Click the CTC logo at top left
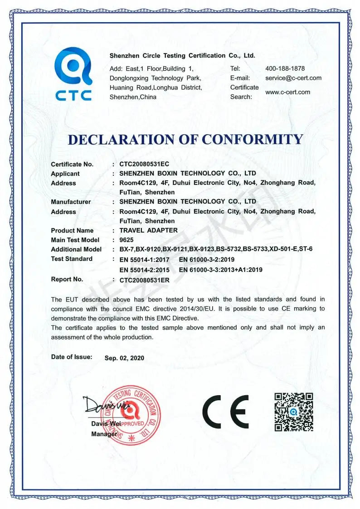click(73, 73)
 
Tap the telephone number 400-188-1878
click(285, 68)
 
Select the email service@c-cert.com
click(293, 78)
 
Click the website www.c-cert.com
click(287, 92)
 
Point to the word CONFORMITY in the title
click(252, 139)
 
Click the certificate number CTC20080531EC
click(144, 164)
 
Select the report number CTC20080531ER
click(144, 280)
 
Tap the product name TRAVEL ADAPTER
click(148, 230)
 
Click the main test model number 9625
click(126, 240)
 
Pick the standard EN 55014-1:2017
click(144, 259)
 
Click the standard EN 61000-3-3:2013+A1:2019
click(221, 270)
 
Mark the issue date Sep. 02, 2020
click(124, 358)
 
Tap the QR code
click(294, 412)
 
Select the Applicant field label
click(65, 174)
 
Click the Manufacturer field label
click(71, 202)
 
